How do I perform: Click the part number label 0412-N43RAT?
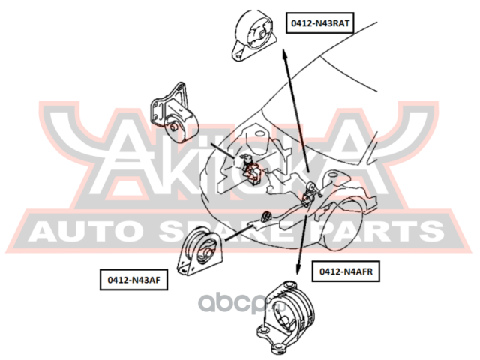tap(320, 23)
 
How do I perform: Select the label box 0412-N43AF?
tap(133, 280)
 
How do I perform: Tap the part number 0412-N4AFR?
tap(346, 271)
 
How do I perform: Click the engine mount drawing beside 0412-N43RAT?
tap(253, 35)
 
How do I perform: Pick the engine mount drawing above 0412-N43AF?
tap(200, 252)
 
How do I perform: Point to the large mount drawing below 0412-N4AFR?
tap(286, 317)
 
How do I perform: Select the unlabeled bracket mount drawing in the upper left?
tap(173, 113)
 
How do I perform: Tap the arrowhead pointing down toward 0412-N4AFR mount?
tap(297, 268)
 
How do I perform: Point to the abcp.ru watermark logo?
tap(241, 302)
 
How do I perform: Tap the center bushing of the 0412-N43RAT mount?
tap(262, 35)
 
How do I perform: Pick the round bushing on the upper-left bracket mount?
tap(174, 127)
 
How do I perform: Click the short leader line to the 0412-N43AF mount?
tap(238, 233)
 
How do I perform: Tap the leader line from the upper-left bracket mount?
tap(223, 150)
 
